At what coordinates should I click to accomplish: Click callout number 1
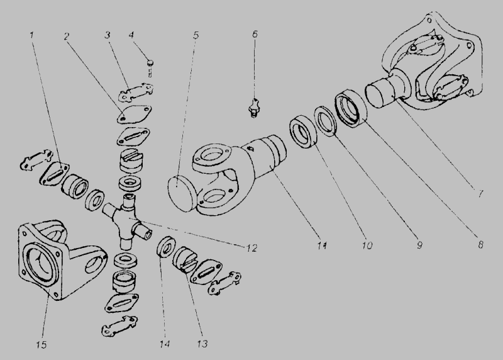point(31,35)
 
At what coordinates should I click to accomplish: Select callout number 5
point(196,35)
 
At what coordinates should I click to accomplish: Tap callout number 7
point(480,194)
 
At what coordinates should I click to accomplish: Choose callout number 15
point(41,345)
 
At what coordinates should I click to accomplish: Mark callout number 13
point(202,344)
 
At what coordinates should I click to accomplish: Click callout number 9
point(419,245)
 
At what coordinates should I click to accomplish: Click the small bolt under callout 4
point(150,68)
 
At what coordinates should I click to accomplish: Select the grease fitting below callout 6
point(255,108)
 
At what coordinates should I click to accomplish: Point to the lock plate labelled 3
point(136,91)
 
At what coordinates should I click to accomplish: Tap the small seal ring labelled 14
point(166,246)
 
